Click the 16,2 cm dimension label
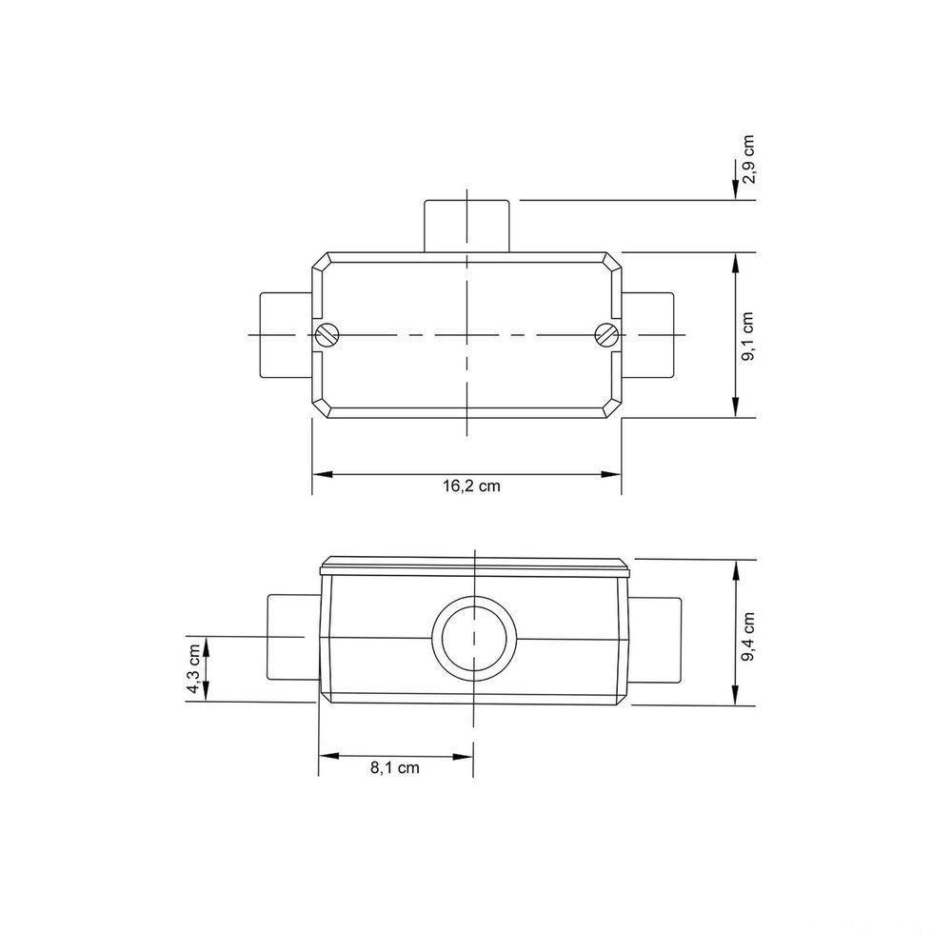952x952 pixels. click(x=470, y=486)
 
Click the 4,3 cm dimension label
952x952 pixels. click(x=195, y=669)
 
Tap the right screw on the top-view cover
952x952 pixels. click(x=606, y=334)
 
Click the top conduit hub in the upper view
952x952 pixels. click(x=466, y=226)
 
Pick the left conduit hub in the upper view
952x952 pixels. click(x=286, y=335)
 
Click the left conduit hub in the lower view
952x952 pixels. click(x=291, y=636)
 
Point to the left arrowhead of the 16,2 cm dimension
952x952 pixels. click(x=320, y=472)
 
